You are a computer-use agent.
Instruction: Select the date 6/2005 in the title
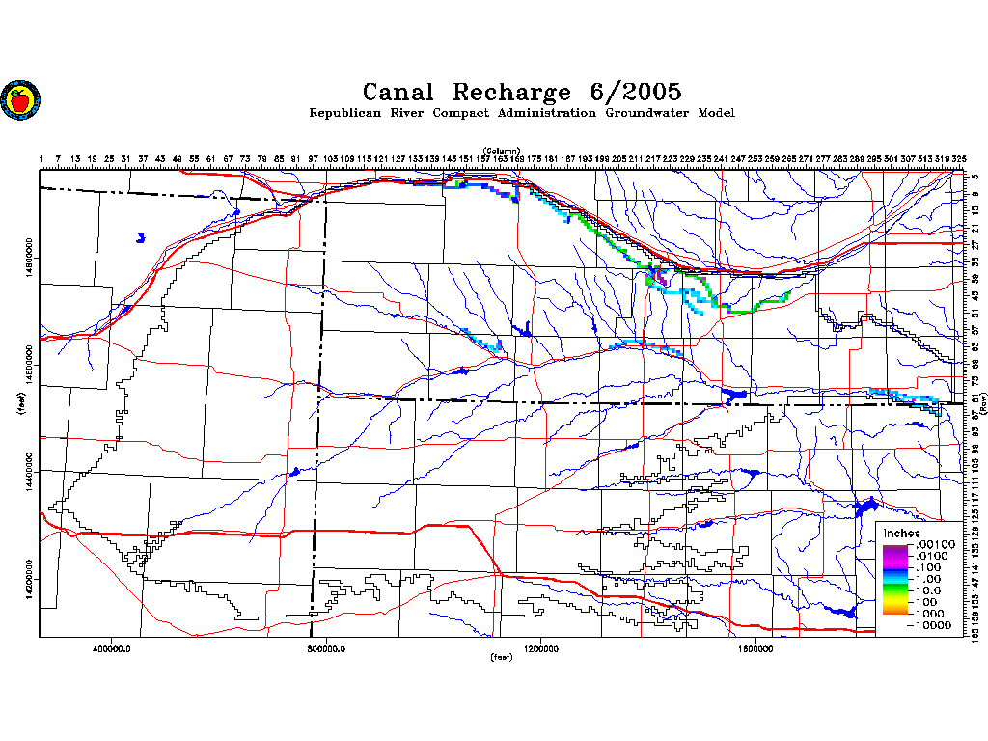click(634, 93)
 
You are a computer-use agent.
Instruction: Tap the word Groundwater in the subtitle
click(643, 113)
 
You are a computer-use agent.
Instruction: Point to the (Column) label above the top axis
click(502, 151)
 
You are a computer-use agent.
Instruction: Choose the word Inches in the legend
click(901, 534)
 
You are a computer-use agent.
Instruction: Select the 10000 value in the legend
click(933, 625)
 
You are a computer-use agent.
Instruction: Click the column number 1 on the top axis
click(41, 158)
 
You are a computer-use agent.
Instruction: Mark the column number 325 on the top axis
click(959, 158)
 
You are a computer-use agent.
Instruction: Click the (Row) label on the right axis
click(983, 407)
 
